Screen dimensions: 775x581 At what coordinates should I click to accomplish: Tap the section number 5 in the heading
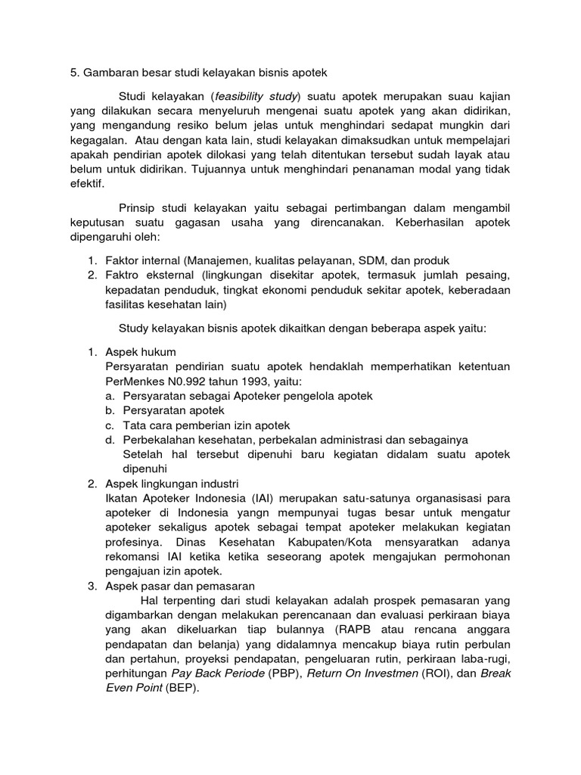click(73, 73)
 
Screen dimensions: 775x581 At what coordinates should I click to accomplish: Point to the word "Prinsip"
click(139, 208)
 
